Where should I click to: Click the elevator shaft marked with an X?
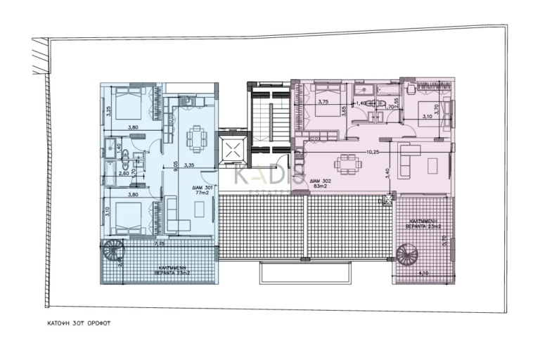(231, 150)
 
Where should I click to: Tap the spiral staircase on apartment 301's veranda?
(113, 251)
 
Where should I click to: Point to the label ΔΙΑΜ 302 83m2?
(323, 184)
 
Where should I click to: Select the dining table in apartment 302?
(348, 165)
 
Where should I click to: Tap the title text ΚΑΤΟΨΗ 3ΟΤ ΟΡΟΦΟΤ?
(75, 325)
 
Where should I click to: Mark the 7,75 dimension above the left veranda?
(160, 243)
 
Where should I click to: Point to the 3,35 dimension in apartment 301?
(188, 166)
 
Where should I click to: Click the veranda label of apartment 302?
(422, 224)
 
